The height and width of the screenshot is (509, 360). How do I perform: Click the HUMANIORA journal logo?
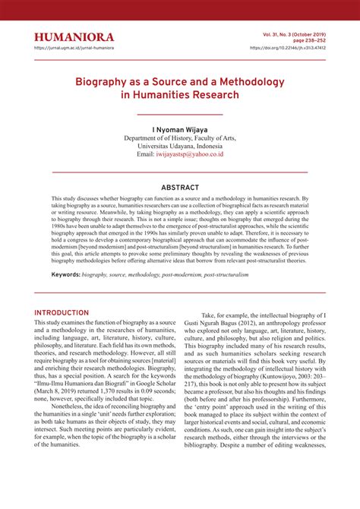tap(74, 37)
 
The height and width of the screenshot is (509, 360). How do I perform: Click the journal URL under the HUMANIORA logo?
tap(74, 48)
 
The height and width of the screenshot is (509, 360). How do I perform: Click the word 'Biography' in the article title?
tap(107, 81)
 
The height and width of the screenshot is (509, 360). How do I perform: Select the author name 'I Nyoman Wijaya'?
tap(179, 129)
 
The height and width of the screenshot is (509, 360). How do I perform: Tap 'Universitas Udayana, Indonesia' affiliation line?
tap(180, 146)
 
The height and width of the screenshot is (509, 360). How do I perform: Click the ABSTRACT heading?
tap(180, 188)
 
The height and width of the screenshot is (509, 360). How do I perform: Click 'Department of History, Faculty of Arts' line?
tap(180, 138)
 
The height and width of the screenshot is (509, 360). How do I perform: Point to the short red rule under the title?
tap(180, 114)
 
